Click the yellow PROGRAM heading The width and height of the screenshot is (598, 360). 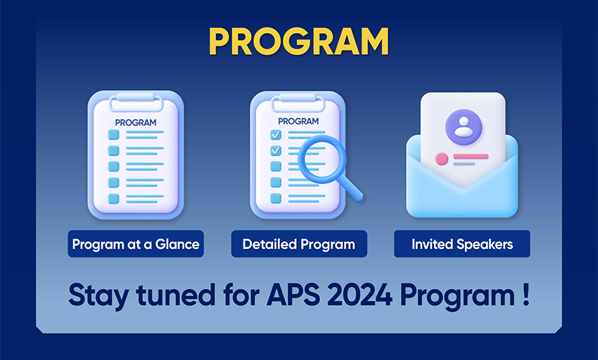pos(298,41)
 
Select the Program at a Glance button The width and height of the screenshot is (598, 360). pos(136,244)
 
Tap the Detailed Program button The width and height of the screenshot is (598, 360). pos(299,244)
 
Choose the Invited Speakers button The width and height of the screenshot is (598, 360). pos(462,244)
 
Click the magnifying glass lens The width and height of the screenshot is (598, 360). pos(322,159)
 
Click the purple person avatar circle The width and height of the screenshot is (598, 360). pos(464,127)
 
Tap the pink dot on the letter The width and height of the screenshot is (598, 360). pos(442,159)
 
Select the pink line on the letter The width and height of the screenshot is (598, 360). pos(471,156)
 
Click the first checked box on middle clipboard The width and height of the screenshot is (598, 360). pos(276,134)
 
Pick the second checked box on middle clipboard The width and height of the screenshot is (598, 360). pos(276,150)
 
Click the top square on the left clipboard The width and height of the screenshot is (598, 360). pos(114,134)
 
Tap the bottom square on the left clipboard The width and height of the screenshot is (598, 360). pos(114,199)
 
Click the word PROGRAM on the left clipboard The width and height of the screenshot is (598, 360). pos(136,122)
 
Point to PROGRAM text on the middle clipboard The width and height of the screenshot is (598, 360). pos(298,121)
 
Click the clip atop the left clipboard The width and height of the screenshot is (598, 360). pos(136,101)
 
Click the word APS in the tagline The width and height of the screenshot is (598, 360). pos(293,295)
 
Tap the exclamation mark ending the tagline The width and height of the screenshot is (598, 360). pos(526,295)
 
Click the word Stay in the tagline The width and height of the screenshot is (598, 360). pos(98,296)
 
